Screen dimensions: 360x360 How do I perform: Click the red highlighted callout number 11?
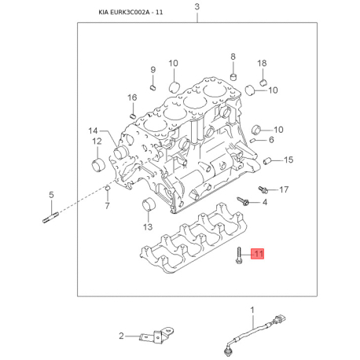(x=258, y=253)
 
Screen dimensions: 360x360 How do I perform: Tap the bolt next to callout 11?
(x=239, y=255)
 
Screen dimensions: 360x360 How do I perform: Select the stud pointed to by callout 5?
(x=51, y=218)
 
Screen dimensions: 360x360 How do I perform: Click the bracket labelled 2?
(x=157, y=335)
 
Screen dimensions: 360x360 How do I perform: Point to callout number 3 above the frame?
(x=197, y=7)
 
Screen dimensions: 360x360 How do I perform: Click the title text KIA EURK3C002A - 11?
(x=130, y=13)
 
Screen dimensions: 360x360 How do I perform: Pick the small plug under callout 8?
(x=233, y=77)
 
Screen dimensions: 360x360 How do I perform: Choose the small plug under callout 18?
(x=263, y=82)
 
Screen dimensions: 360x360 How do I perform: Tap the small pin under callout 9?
(x=153, y=87)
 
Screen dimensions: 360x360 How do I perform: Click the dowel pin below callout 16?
(x=133, y=116)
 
